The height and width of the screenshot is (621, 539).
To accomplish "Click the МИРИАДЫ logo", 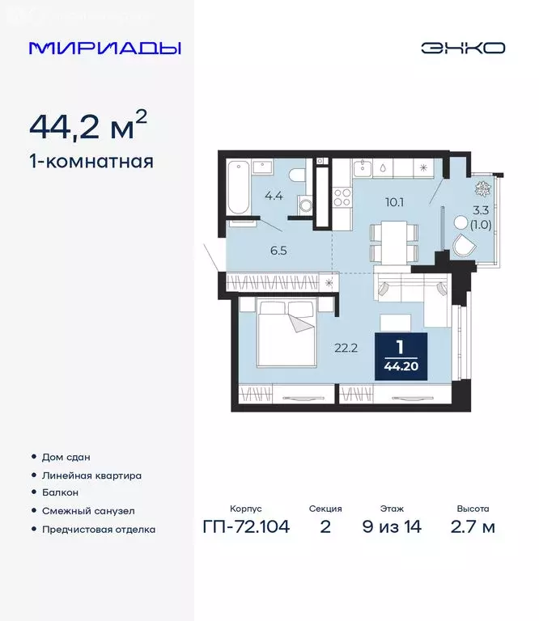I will (105, 48).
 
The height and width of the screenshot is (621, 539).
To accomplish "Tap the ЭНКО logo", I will (462, 48).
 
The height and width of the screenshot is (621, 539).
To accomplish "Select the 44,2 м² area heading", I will (88, 126).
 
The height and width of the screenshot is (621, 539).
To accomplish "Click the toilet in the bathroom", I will (297, 175).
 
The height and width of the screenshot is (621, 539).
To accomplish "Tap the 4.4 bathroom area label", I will (272, 194).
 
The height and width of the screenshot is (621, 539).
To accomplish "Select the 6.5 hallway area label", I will (278, 250).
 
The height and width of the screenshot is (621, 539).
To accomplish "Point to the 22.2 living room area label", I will (347, 349).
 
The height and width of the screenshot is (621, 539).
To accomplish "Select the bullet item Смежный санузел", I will (88, 511).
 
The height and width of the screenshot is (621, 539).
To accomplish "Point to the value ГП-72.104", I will (246, 528).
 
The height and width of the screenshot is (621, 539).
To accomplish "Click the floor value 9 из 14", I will (392, 528).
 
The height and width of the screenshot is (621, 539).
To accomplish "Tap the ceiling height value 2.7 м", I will (473, 528).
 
